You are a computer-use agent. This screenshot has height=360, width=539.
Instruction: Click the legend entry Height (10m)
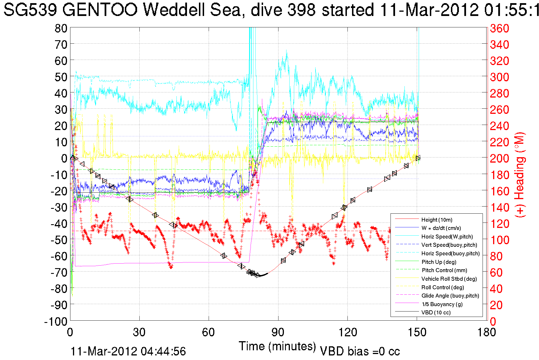pos(437,220)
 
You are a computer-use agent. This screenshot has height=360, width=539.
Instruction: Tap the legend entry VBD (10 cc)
pos(436,312)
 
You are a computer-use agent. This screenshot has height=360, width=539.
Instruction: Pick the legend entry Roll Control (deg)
pos(442,287)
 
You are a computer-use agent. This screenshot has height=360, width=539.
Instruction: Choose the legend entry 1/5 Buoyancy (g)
pos(442,304)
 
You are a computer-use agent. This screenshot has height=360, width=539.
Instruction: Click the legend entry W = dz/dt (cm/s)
pos(441,228)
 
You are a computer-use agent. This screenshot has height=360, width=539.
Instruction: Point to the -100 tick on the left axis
pos(56,321)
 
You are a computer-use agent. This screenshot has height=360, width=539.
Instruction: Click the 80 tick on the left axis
pos(61,28)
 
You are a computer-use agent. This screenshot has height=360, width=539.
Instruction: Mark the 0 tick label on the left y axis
pos(64,158)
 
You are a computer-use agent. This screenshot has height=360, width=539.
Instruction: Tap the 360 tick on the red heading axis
pos(499,28)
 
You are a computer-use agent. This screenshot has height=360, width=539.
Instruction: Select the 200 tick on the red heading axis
pos(499,158)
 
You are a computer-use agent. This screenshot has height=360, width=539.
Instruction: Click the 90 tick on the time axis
pos(278,332)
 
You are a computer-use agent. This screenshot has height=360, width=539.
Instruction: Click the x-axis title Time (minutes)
pos(277,346)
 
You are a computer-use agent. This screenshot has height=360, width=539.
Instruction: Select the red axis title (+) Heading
pos(520,175)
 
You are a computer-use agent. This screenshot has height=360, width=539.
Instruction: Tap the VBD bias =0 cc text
pos(360,351)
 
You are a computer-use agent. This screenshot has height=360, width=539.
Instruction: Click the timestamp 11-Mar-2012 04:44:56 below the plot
pos(128,351)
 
